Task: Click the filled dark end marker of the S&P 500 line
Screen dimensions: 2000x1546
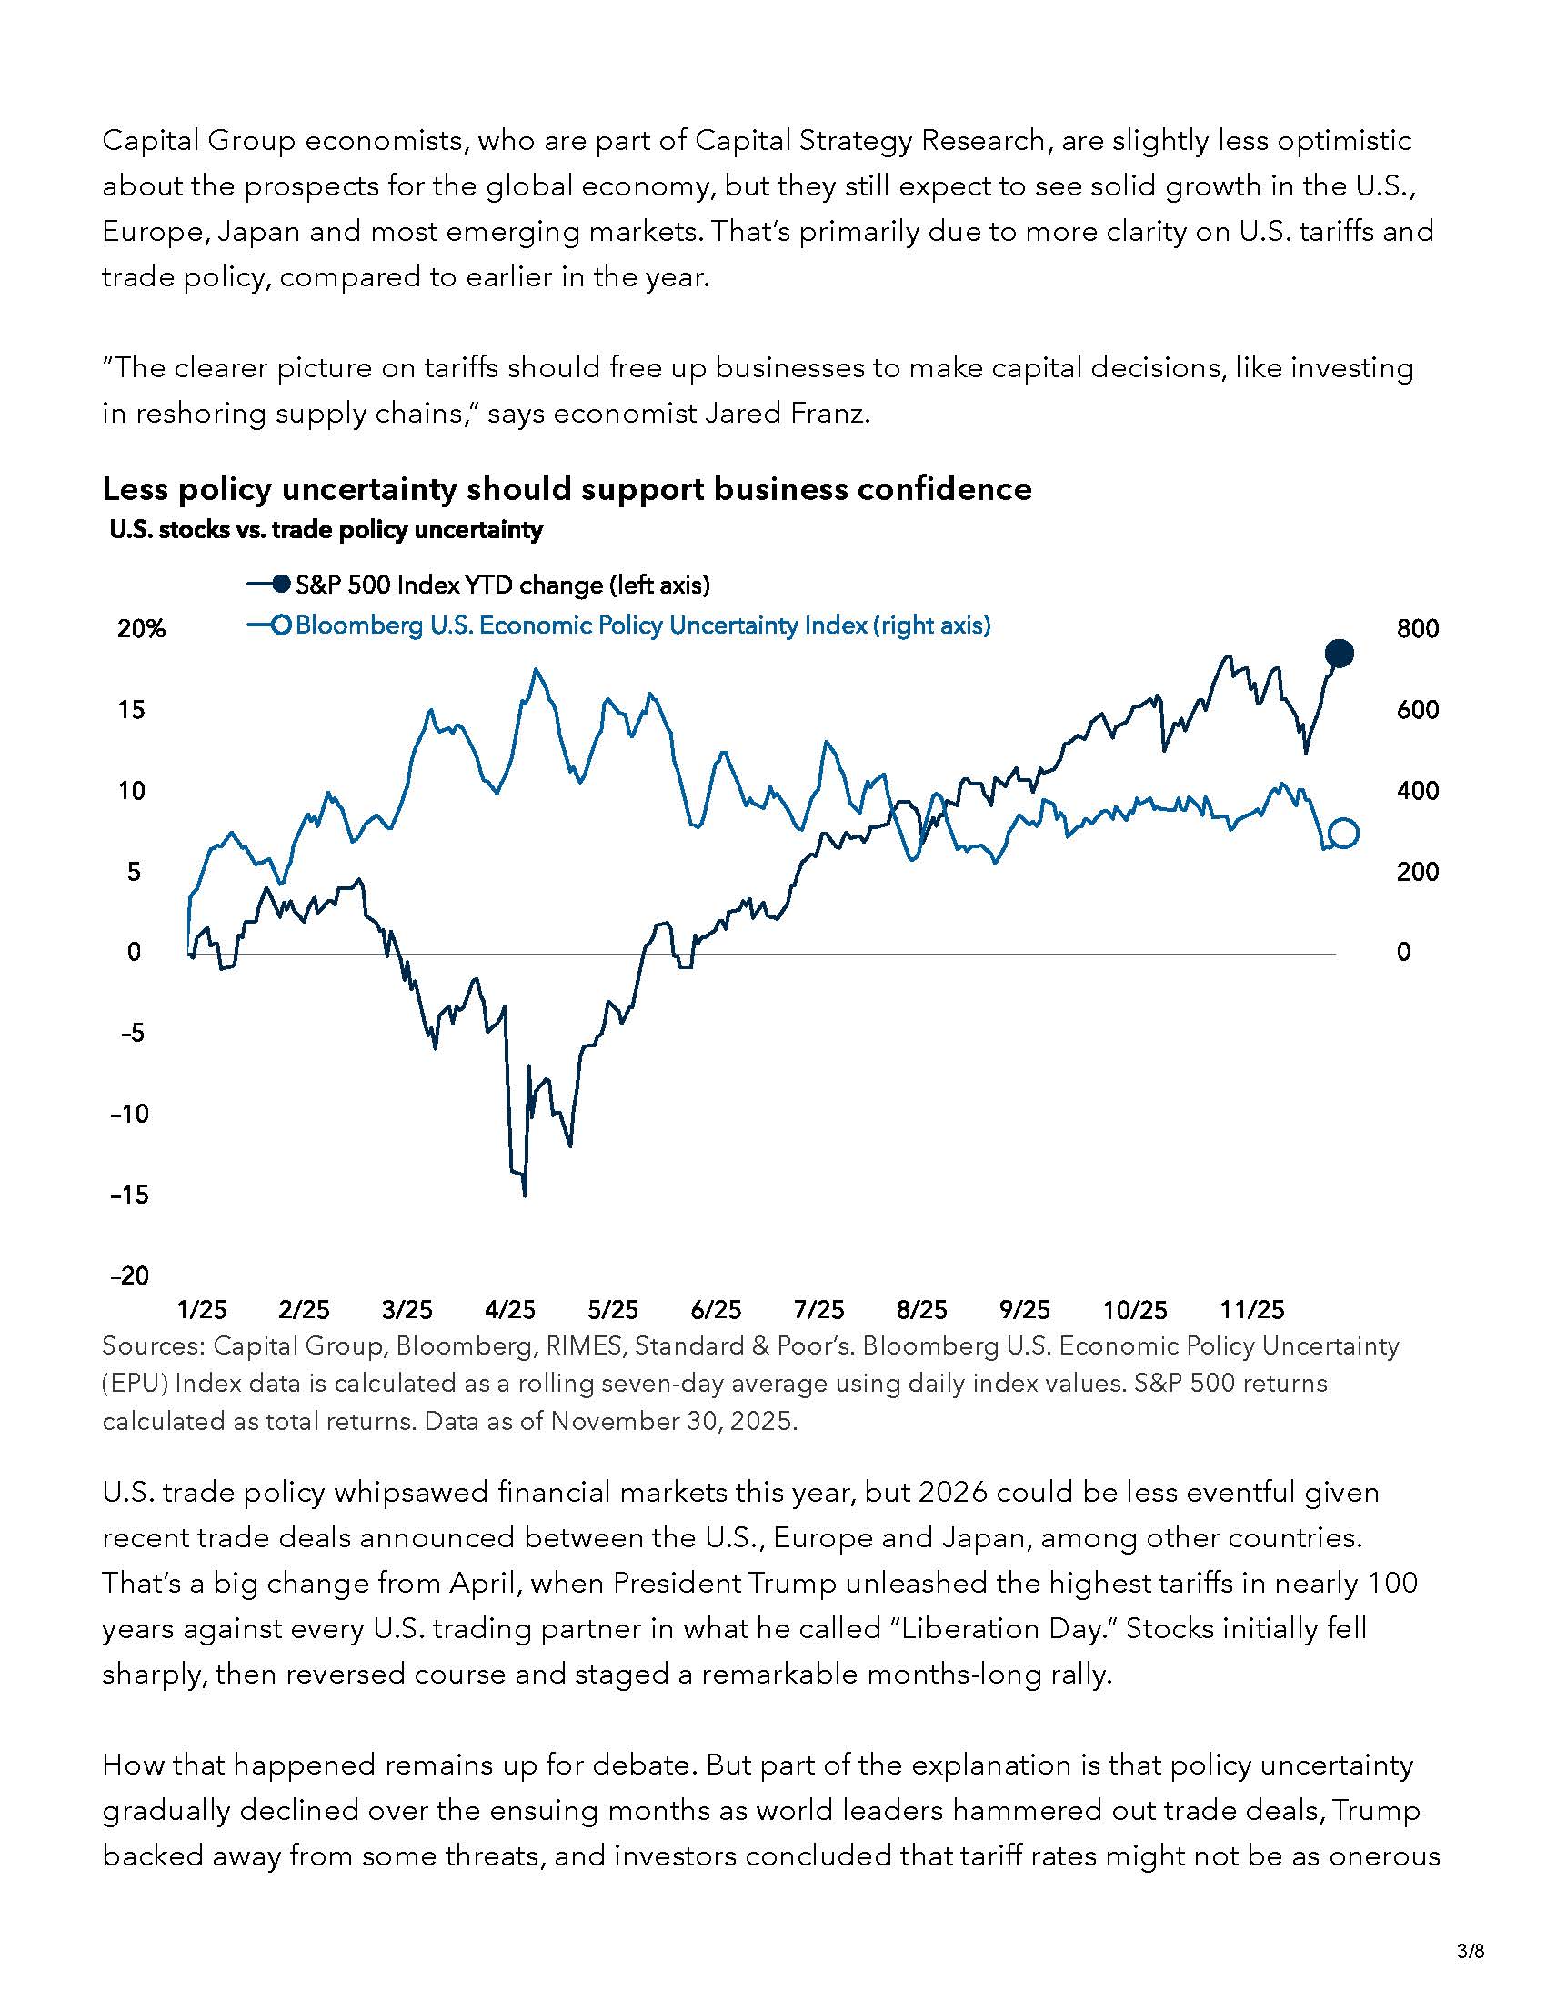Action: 1339,654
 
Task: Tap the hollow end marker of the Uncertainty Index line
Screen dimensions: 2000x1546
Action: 1343,834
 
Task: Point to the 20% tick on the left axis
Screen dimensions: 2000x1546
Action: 141,629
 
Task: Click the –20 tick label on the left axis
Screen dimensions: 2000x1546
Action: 130,1275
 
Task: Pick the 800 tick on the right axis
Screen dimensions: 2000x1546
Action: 1417,629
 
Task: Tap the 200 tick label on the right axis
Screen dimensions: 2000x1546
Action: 1417,872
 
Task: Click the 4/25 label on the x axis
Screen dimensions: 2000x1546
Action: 510,1309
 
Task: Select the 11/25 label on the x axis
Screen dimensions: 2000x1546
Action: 1253,1309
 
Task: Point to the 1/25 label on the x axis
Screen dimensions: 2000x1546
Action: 202,1309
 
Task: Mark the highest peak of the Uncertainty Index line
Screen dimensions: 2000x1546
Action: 536,669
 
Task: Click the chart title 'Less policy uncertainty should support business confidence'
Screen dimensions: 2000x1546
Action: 567,489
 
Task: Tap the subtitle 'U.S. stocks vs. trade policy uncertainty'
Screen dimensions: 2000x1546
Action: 326,530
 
